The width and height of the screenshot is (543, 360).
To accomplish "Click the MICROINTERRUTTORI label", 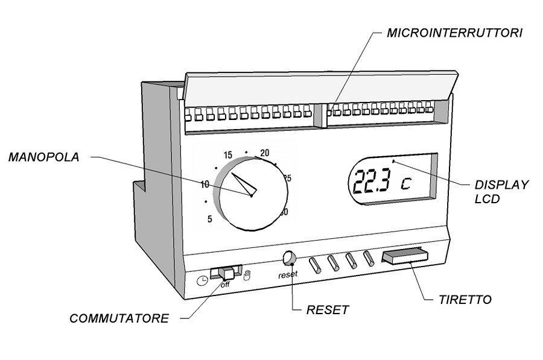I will point(454,33).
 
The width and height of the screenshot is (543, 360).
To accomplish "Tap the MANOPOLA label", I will point(43,157).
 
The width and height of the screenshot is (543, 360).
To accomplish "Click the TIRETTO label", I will point(465,299).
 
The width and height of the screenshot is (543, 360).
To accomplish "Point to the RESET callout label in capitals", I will point(328,310).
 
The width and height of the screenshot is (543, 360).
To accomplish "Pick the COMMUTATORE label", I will point(119,318).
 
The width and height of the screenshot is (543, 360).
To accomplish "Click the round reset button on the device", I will point(289,257).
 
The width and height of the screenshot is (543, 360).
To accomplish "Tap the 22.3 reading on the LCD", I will point(372,180).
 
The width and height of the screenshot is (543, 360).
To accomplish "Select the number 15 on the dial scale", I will point(228,154).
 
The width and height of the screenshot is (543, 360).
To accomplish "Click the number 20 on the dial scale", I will point(264,153).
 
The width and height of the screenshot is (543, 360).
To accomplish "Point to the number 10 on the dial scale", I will point(205,184).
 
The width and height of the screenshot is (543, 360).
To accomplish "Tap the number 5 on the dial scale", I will point(210,219).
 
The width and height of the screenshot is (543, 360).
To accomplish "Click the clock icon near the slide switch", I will point(202,280).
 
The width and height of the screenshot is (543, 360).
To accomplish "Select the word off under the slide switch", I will point(225,285).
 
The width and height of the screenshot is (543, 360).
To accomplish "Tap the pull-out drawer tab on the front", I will point(404,257).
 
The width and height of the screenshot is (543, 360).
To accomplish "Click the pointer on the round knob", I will point(244,184).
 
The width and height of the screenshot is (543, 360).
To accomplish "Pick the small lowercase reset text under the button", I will point(288,275).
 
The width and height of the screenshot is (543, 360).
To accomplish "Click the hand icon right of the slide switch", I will point(246,276).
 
